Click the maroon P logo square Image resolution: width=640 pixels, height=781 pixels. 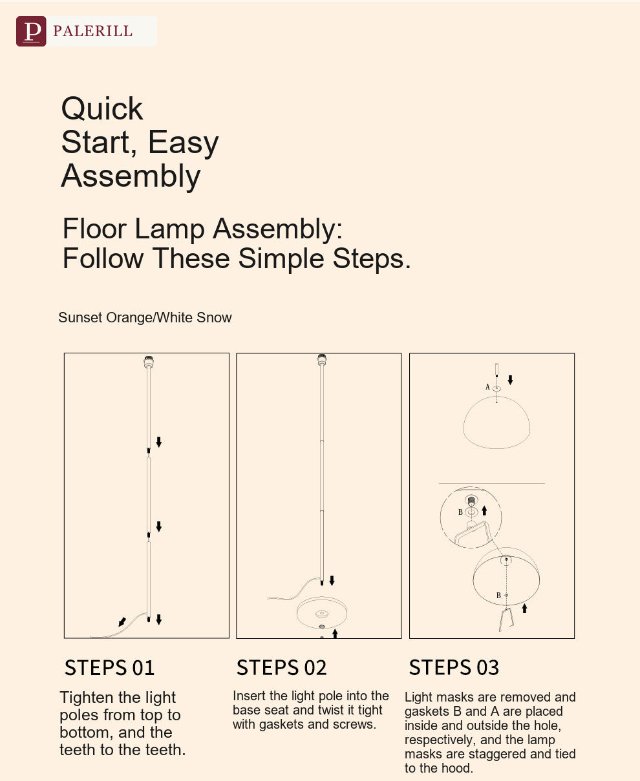pos(31,31)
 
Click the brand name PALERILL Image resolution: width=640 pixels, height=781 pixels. pos(92,31)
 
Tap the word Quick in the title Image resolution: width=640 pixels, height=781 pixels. pos(102,109)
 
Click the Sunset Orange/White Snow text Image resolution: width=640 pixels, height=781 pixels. pos(145,317)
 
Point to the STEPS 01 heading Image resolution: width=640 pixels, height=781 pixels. pos(109,668)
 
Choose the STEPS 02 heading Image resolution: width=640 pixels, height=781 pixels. pos(282,668)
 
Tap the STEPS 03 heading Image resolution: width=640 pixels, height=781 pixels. pos(454,667)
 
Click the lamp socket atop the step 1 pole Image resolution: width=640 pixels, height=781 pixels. pos(149,361)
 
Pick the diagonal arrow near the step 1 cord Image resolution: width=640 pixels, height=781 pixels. pos(122,621)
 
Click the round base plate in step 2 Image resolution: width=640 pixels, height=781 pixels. pos(322,613)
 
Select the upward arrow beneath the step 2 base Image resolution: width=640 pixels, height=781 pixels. pos(335,634)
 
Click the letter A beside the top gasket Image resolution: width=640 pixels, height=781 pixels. pos(487,387)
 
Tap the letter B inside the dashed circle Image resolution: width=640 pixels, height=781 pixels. pos(460,512)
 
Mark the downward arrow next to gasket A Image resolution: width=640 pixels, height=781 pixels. pos(510,380)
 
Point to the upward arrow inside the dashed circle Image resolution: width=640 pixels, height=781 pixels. pos(484,511)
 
